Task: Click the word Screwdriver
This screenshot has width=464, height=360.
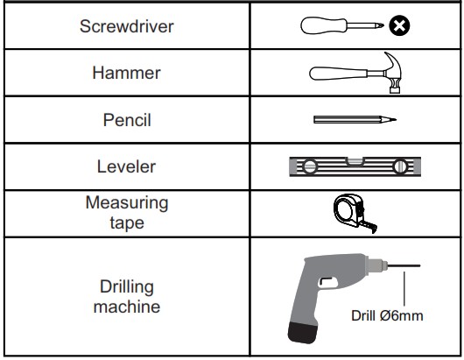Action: [127, 26]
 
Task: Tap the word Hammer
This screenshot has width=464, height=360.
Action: [127, 73]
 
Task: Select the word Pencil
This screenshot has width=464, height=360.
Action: [127, 120]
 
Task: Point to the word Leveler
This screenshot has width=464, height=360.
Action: [127, 166]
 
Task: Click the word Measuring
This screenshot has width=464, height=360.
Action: [127, 203]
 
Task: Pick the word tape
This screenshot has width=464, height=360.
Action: [127, 223]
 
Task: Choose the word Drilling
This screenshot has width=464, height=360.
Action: [127, 287]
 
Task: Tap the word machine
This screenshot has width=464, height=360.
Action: [127, 307]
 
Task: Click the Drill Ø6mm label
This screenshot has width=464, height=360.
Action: [387, 315]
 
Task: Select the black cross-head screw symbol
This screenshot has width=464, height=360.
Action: [399, 25]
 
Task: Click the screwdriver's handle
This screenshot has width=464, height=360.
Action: [324, 25]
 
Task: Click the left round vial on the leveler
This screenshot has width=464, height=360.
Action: [310, 166]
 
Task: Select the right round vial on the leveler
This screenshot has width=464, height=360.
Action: [400, 166]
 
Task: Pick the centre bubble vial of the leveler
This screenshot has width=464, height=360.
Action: [355, 162]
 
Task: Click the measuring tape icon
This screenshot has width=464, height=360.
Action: [355, 214]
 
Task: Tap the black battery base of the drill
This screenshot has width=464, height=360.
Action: [302, 333]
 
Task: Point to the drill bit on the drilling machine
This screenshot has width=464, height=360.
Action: [404, 266]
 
